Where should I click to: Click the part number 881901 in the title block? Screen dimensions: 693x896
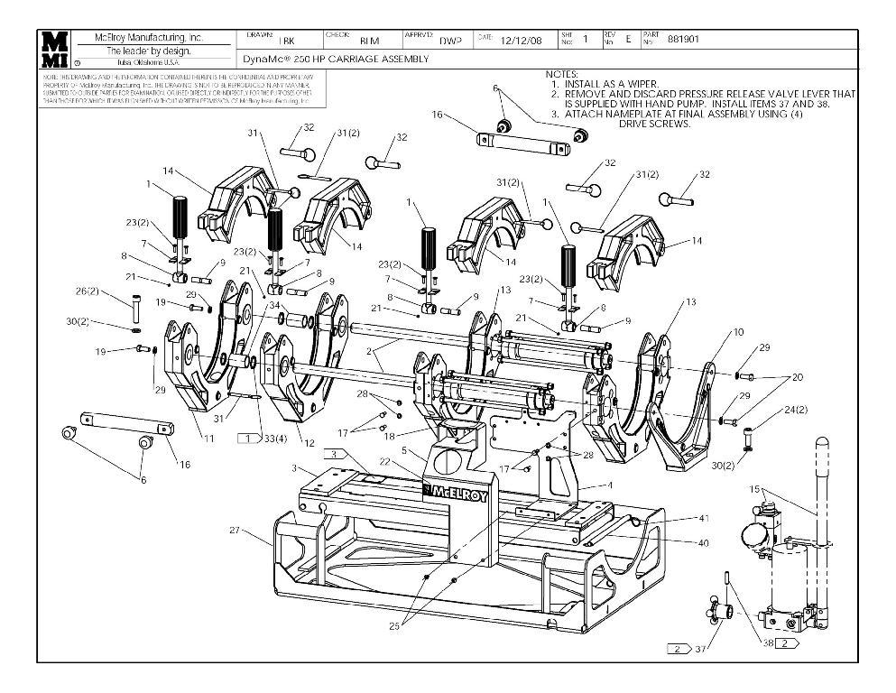point(683,39)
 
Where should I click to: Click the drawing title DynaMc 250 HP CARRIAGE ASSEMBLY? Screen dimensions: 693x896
point(336,59)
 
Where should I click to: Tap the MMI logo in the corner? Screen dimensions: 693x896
point(55,50)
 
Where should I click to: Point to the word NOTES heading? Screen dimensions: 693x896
point(562,74)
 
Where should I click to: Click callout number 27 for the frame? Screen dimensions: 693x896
point(235,531)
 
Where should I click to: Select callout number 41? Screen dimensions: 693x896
point(703,519)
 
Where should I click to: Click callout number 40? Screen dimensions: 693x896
point(703,542)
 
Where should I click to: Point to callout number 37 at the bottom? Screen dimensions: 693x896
point(701,648)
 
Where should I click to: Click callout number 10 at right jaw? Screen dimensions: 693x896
point(738,332)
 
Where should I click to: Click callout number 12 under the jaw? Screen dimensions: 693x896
point(309,443)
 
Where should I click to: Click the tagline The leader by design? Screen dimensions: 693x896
point(149,51)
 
